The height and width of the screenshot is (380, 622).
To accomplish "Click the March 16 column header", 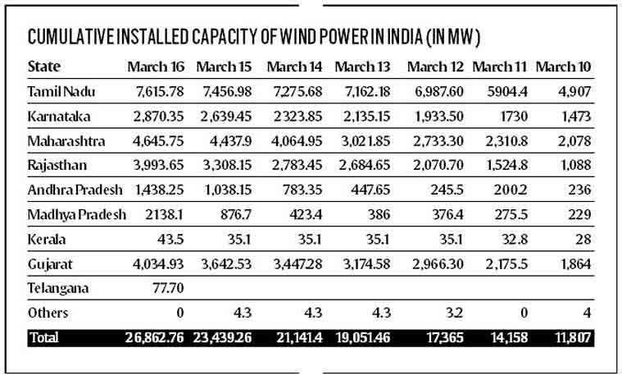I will [x=156, y=66].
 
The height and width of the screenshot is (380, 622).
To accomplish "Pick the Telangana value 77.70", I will [x=165, y=288].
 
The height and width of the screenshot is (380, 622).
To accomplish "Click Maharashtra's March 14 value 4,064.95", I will [x=294, y=140].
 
